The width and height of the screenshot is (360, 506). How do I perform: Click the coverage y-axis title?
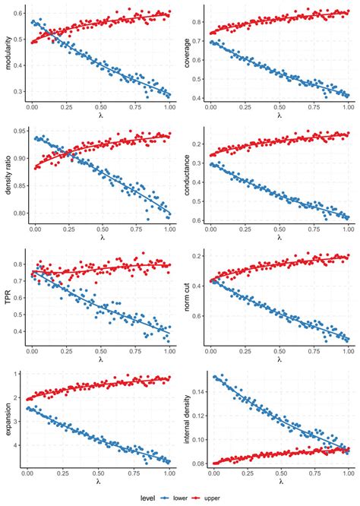pos(189,53)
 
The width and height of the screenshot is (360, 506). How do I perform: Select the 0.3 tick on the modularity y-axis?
pos(19,91)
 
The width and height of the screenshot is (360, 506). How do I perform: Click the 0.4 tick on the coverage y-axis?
pos(201,98)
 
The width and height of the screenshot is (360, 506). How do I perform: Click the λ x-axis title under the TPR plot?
pos(100,359)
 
